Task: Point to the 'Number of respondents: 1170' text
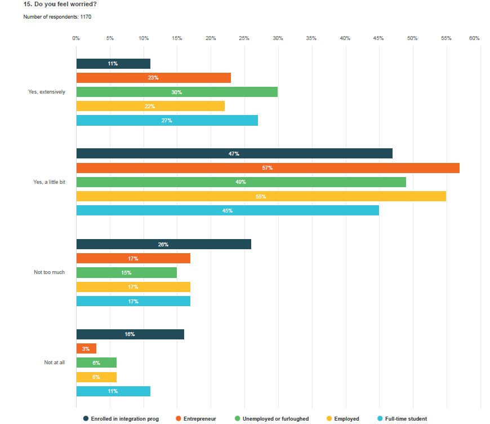click(57, 17)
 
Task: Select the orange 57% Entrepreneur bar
click(268, 168)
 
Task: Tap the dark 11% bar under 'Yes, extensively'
click(113, 64)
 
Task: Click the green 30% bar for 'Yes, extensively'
click(177, 92)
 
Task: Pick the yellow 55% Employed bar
click(261, 196)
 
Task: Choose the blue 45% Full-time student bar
click(228, 210)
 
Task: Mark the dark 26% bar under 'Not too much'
click(163, 244)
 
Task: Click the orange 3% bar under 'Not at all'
click(86, 348)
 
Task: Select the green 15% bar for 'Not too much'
click(126, 272)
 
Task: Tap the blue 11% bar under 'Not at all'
click(113, 391)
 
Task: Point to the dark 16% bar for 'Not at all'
click(130, 334)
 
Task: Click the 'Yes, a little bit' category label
click(49, 182)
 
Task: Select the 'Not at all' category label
click(55, 363)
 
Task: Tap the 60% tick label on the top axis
click(474, 38)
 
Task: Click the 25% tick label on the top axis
click(244, 38)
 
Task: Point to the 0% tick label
click(76, 38)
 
